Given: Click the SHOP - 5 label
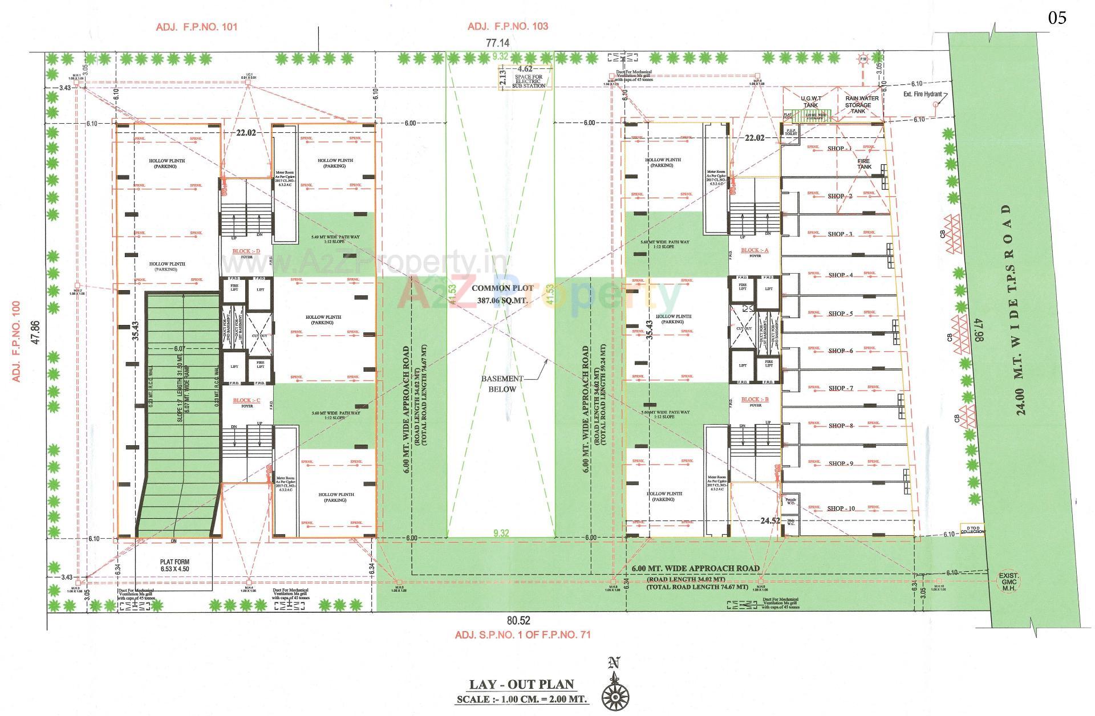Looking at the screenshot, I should coord(840,314).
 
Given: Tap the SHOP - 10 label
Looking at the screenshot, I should coord(841,508).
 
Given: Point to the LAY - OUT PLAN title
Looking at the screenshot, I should coord(521,685).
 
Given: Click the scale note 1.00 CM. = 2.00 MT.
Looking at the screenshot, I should coord(521,699).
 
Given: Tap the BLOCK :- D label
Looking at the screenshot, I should coord(246,251).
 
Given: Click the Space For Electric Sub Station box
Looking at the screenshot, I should coord(530,80).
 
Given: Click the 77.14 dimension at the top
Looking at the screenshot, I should coord(497,43).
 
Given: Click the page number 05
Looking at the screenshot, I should coord(1057,18).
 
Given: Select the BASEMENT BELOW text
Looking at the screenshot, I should coord(502,384).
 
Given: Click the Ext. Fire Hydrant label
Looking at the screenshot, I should coord(922,95).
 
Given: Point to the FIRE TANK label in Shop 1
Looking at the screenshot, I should coord(864,164).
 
